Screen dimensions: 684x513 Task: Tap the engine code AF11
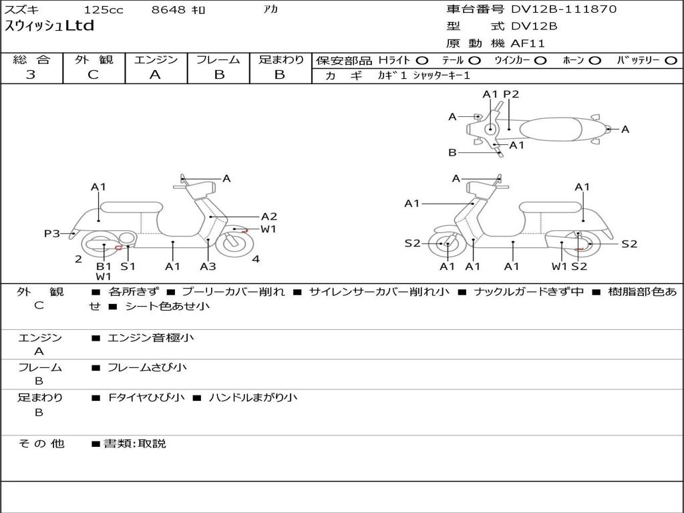click(528, 43)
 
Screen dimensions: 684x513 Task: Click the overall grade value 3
click(31, 75)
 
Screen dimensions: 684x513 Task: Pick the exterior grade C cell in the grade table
click(93, 75)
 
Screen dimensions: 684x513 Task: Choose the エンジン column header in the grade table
click(156, 60)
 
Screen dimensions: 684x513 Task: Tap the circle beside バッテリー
click(671, 60)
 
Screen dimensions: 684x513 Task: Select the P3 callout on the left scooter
click(52, 234)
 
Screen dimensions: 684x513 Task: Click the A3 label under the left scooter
click(208, 267)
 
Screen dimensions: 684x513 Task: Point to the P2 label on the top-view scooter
click(511, 94)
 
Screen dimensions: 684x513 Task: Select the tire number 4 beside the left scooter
click(256, 259)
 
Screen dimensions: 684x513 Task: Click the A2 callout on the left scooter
click(269, 216)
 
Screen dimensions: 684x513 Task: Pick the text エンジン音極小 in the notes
click(150, 338)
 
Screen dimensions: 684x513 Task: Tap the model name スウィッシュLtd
click(49, 27)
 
